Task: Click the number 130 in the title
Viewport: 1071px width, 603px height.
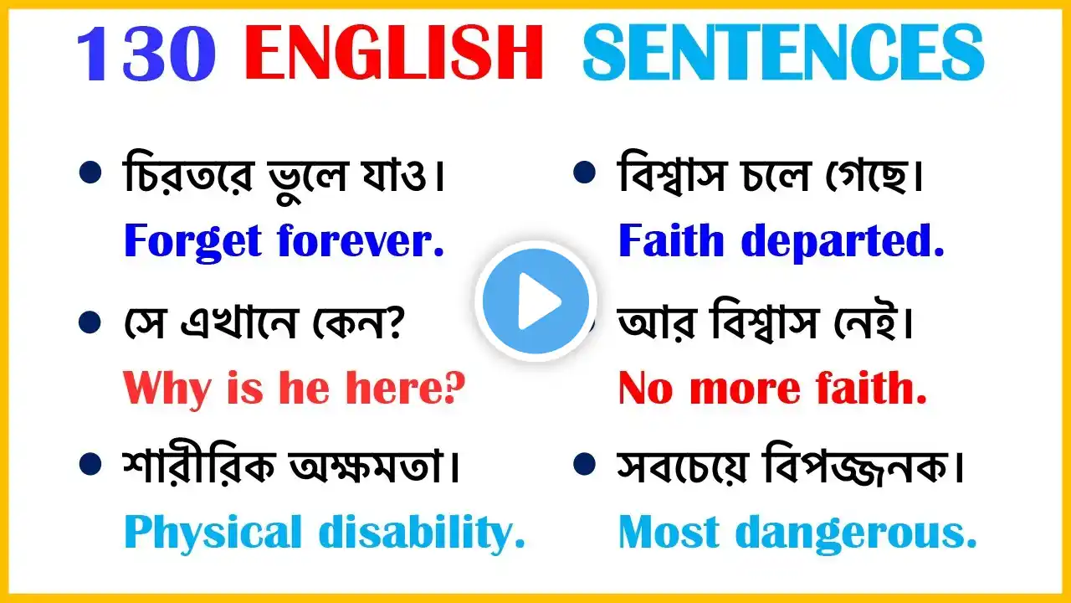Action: click(146, 53)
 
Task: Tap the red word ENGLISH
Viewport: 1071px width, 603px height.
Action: click(394, 53)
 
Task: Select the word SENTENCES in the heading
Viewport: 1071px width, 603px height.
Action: click(783, 53)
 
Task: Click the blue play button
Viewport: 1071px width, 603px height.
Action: click(536, 301)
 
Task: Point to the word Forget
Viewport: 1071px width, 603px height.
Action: click(192, 242)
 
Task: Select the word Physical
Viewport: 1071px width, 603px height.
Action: click(213, 533)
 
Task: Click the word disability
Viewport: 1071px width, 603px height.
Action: click(422, 533)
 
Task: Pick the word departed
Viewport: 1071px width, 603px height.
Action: click(843, 243)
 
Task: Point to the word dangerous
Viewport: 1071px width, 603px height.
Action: click(856, 533)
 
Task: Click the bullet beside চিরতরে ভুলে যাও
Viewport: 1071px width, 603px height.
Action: click(90, 173)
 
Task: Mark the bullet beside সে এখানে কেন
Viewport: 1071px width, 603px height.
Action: click(90, 322)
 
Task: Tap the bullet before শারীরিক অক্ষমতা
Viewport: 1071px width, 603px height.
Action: click(90, 464)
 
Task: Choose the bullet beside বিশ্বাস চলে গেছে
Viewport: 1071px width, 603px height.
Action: click(584, 173)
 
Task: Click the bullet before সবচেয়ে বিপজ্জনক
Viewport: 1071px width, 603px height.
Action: click(584, 464)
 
